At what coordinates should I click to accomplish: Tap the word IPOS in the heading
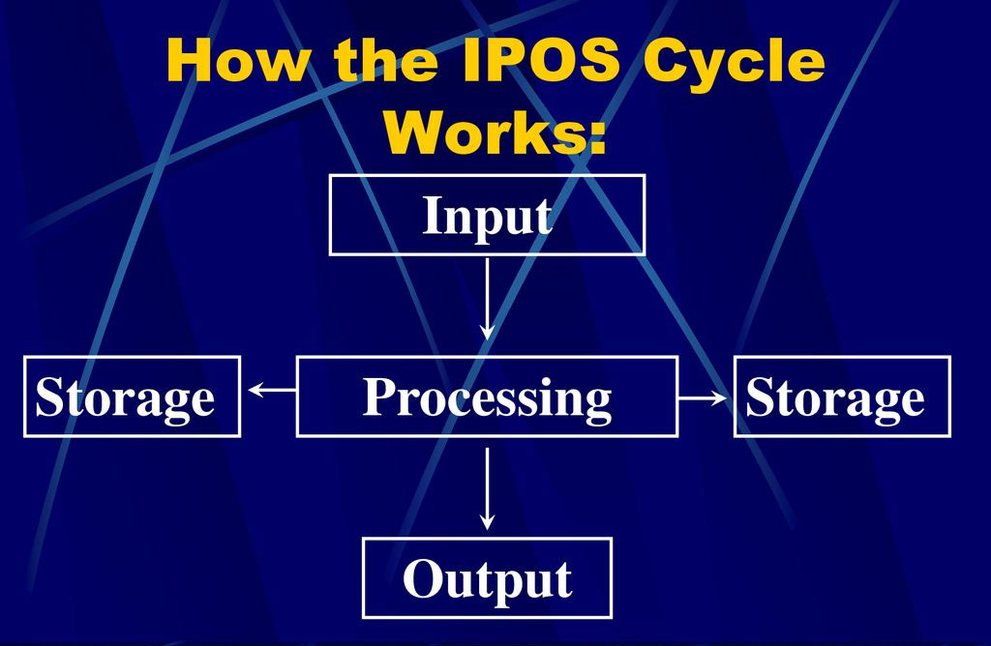tap(541, 59)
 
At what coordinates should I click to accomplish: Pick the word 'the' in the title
tap(385, 59)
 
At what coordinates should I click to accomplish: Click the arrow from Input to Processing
tap(488, 300)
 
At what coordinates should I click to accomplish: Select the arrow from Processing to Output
tap(488, 488)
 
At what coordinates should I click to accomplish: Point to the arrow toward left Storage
tap(272, 391)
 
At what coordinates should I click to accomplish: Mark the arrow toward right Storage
tap(703, 397)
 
